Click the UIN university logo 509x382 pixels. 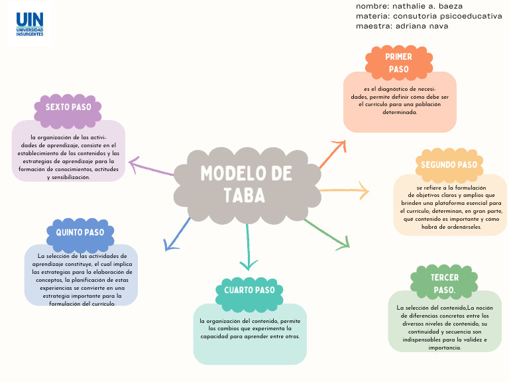(30, 23)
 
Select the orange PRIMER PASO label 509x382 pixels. (398, 62)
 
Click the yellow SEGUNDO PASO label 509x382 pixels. (449, 164)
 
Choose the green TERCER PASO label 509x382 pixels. (444, 283)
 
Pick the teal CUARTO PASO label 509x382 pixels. (249, 290)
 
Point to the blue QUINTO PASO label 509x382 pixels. (80, 233)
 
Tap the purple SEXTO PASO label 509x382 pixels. (68, 107)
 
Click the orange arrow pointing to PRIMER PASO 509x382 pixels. (333, 154)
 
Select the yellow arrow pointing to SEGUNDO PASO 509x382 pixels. (345, 190)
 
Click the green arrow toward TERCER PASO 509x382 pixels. (327, 233)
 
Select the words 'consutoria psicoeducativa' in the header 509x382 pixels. (447, 16)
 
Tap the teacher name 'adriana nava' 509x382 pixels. (422, 26)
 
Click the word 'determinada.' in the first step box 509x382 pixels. (400, 112)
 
